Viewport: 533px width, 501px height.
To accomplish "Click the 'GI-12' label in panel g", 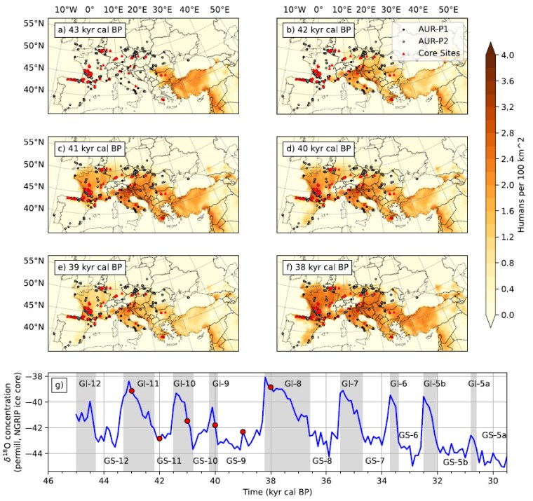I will (x=90, y=383).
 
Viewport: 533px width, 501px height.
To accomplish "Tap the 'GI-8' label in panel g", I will (x=293, y=383).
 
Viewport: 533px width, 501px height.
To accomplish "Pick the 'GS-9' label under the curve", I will (x=236, y=460).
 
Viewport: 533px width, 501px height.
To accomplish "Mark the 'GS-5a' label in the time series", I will (x=494, y=435).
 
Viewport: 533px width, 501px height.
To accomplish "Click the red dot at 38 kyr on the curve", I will (x=271, y=387).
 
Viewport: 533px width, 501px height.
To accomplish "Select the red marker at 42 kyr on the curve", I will (x=159, y=439).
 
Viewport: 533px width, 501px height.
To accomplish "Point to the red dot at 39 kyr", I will (x=243, y=432).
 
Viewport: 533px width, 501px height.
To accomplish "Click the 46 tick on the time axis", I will (x=48, y=481).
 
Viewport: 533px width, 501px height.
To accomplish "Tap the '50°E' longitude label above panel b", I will (x=448, y=10).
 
